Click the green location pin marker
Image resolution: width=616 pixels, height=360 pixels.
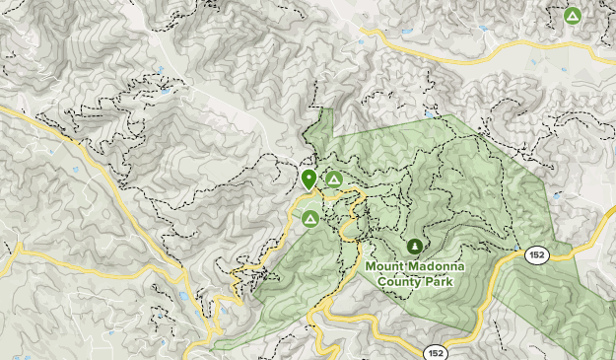pos(308,180)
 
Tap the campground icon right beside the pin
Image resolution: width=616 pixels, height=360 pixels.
pos(334,180)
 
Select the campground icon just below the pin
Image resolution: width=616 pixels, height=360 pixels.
pos(310,218)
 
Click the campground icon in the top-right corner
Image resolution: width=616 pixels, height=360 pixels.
pos(572,16)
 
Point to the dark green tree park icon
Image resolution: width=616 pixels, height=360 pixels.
pos(415,245)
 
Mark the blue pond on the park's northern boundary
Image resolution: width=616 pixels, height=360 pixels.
pos(432,113)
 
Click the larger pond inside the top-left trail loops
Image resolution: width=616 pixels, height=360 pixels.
pos(164,92)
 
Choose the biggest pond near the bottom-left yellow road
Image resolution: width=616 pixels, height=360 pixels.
pos(182,296)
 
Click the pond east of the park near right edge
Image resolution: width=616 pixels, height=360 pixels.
pos(557,195)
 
